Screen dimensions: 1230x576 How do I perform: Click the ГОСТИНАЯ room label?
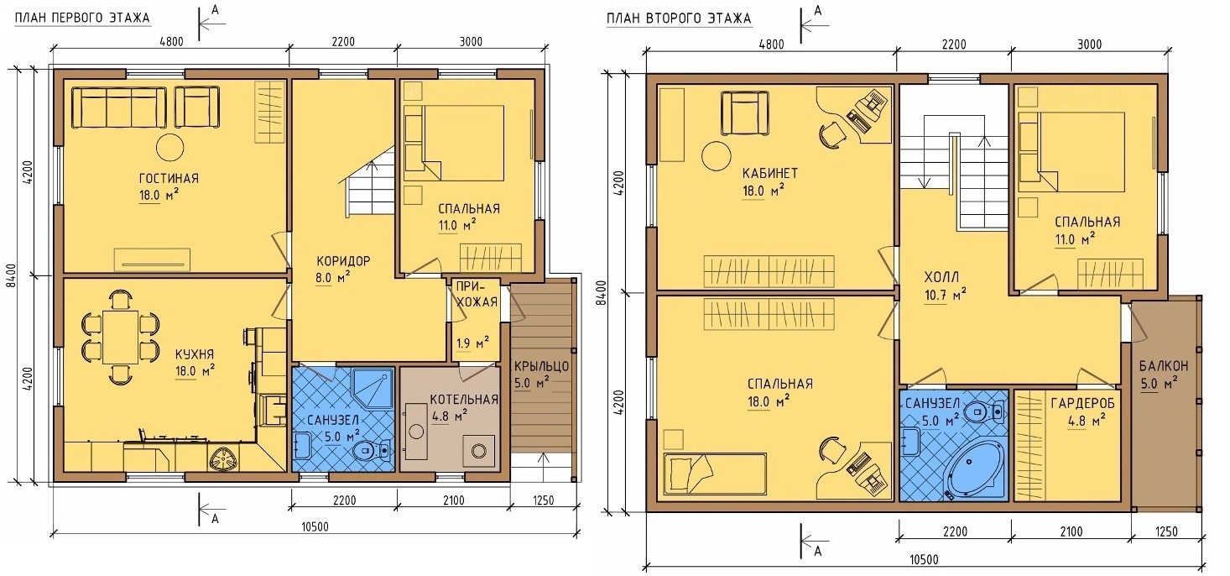[x=169, y=179]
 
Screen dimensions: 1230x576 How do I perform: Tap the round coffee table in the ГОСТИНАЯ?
[x=169, y=147]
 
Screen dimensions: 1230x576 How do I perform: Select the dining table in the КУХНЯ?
[x=121, y=337]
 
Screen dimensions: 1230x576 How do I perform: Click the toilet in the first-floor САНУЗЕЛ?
[x=370, y=451]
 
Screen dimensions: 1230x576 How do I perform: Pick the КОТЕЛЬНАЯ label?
[x=464, y=400]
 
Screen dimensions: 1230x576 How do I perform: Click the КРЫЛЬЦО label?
[x=541, y=366]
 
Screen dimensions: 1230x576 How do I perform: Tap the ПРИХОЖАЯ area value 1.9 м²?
[x=472, y=343]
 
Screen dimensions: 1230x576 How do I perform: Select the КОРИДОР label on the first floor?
[x=344, y=260]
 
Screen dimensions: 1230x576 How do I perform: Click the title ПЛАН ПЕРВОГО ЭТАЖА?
[x=82, y=18]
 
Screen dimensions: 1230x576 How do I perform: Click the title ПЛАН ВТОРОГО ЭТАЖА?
[x=679, y=18]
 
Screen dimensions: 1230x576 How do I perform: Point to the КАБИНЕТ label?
[x=770, y=174]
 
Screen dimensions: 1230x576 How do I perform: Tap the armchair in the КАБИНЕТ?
[x=744, y=113]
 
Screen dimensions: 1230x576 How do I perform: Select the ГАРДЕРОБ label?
[x=1083, y=404]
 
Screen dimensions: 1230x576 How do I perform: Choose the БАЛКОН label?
[x=1164, y=366]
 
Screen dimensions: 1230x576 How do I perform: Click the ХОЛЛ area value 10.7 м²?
[x=945, y=296]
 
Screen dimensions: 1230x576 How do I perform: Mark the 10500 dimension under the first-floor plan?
[x=315, y=527]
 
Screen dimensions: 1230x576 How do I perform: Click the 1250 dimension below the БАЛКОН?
[x=1166, y=531]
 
